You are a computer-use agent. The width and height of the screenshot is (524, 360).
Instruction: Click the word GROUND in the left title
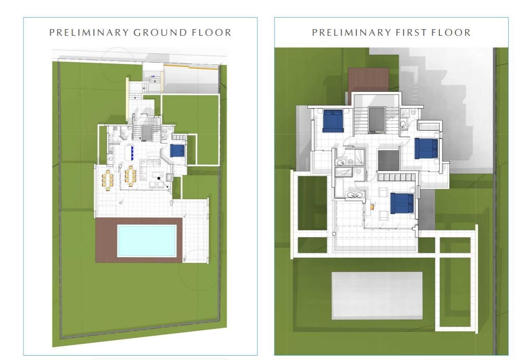click(160, 32)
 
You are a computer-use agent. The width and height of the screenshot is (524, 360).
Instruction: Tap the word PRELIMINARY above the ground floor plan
click(89, 32)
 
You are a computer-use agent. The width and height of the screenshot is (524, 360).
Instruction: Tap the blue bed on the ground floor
click(177, 150)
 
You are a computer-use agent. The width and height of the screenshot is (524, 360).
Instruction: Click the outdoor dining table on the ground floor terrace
click(108, 180)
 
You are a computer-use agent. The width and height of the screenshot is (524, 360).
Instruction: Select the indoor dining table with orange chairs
click(130, 176)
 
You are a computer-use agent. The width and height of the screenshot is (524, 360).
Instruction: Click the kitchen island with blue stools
click(129, 152)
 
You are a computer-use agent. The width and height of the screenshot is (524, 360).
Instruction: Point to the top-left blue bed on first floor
click(333, 121)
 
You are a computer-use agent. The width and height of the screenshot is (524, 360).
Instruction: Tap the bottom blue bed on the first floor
click(402, 203)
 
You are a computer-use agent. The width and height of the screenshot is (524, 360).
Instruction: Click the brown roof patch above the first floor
click(369, 79)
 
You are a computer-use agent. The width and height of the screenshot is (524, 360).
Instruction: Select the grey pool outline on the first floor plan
click(377, 296)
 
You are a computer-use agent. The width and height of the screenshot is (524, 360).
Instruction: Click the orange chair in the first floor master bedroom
click(373, 207)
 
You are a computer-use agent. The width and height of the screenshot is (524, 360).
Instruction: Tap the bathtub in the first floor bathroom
click(340, 188)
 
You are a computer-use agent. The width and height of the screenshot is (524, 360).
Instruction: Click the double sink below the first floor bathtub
click(355, 195)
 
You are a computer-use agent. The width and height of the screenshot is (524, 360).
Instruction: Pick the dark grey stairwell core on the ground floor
click(146, 133)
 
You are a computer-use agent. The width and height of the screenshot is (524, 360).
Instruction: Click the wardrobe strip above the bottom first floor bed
click(397, 177)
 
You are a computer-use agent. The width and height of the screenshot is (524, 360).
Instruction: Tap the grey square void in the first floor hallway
click(388, 161)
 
